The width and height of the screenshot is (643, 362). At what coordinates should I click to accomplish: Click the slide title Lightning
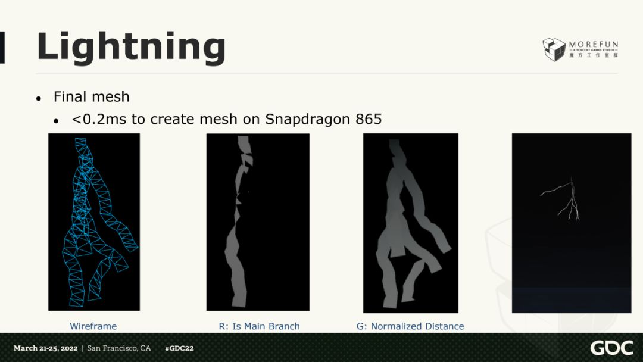pos(131,48)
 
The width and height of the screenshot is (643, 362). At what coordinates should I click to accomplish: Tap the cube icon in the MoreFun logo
pos(554,49)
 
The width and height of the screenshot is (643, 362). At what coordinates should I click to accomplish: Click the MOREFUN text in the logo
pos(594,44)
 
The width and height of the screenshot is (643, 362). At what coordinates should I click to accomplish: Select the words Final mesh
pos(92,97)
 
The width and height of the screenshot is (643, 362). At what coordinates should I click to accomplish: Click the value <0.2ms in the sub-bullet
pos(99,119)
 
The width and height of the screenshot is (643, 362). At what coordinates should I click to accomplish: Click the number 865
pos(369,119)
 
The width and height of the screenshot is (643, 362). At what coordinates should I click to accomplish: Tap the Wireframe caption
pos(93,326)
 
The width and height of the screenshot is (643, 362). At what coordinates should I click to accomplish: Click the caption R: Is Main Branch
pos(259,326)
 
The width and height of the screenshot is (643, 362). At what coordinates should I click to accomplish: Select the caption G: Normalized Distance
pos(410,326)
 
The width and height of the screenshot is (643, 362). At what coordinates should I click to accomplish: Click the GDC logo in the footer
pos(611,348)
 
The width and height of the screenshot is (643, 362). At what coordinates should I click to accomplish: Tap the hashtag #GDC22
pos(179,348)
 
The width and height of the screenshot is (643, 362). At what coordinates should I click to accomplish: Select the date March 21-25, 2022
pos(45,348)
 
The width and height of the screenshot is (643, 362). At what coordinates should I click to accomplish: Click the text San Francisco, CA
pos(119,348)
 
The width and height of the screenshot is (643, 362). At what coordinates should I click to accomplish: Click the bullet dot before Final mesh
pos(39,98)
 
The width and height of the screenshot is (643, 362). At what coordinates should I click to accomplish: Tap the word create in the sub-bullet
pos(173,119)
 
